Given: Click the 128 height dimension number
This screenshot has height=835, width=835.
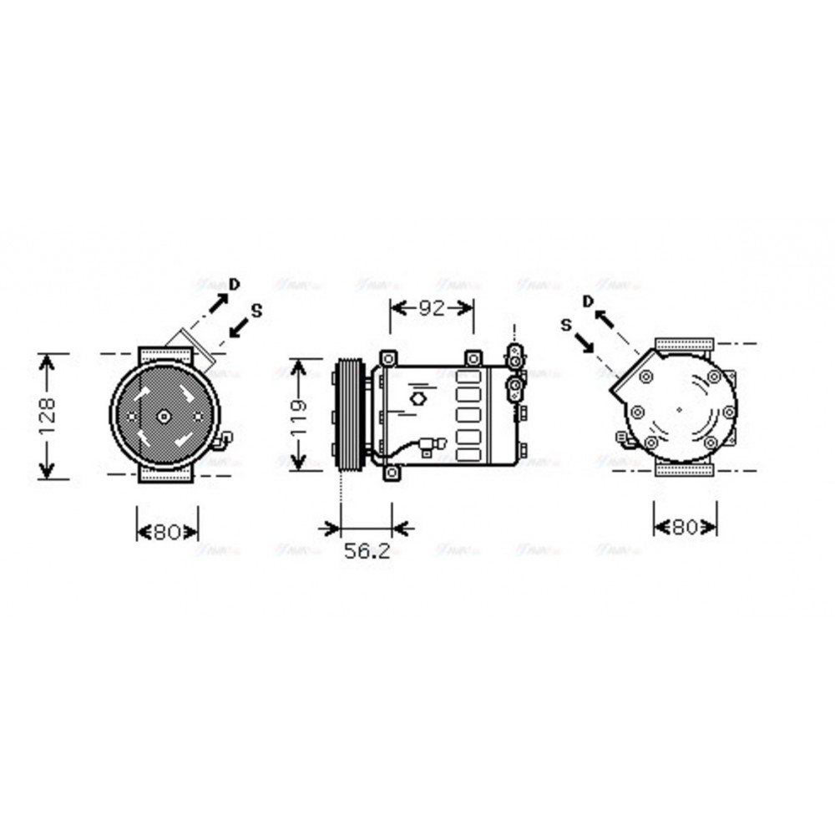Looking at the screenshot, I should coord(47,415).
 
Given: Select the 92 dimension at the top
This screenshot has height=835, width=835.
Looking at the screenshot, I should coord(431,308).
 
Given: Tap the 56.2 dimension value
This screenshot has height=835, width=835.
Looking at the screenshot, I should coord(367,551).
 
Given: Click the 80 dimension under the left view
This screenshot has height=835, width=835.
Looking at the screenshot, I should coord(167,532).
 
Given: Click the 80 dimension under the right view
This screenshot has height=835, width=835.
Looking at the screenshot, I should coord(685,527).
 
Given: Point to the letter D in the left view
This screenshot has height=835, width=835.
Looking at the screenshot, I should coord(235,284).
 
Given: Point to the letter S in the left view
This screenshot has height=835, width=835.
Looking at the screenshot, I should coord(256,311).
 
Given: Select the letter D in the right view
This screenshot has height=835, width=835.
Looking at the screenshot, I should coord(588,301).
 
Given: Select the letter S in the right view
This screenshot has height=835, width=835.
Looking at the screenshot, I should coord(566,324).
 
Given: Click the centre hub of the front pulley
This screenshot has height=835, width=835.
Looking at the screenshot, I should coord(164,415).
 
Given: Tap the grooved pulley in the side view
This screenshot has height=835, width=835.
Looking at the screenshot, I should coord(349,415).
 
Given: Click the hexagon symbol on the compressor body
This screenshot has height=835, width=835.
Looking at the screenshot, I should coord(418,399).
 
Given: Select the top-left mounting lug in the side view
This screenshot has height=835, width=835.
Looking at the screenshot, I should coord(387,358).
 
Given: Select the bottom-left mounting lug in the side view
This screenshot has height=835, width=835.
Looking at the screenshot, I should coord(392,473).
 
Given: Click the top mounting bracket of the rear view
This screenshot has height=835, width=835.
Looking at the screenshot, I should coord(685,344).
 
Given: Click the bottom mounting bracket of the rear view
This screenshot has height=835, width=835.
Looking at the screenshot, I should coord(685,470).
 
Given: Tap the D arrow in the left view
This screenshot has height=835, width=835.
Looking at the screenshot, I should coord(218,301).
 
